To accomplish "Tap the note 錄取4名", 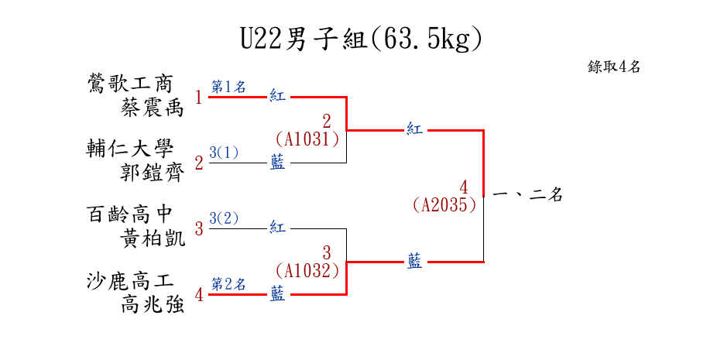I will [x=614, y=67].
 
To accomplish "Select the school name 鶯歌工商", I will [x=130, y=84].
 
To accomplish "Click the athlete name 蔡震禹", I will [x=153, y=107].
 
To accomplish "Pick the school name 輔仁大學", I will [x=130, y=149].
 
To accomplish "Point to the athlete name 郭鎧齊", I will [x=153, y=173].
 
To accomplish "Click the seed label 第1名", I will [x=228, y=87].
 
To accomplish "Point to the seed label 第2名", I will [x=228, y=284].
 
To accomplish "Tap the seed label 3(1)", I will [x=224, y=153].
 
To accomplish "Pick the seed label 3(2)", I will [x=224, y=218].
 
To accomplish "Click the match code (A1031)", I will [x=307, y=139].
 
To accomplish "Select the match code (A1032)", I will [x=307, y=271].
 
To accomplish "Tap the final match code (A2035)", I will [x=444, y=205].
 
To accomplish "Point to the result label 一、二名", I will [x=527, y=196].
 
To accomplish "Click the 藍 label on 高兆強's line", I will [x=278, y=294].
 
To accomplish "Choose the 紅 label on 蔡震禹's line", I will [x=278, y=97].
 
